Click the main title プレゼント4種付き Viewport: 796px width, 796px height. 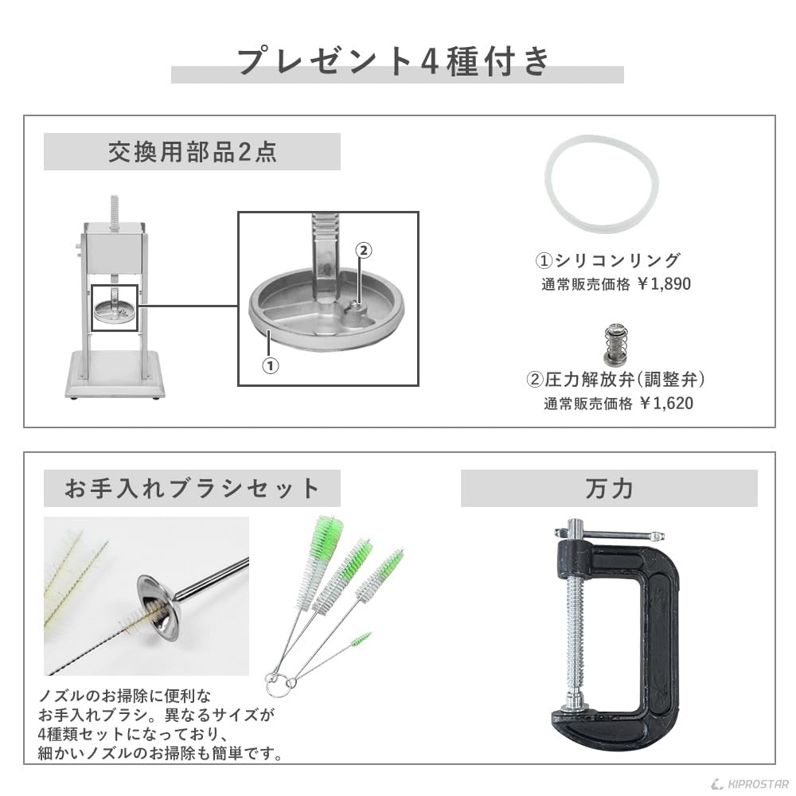pos(396,61)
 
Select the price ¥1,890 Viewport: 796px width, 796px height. pos(665,284)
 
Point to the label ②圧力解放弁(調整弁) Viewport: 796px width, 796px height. pos(617,380)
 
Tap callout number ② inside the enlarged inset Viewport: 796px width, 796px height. pos(362,250)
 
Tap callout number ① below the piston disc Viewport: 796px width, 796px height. pos(271,365)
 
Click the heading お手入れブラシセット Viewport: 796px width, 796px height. pos(192,488)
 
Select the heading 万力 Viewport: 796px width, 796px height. pos(608,488)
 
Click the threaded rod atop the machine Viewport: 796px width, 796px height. pos(116,213)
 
